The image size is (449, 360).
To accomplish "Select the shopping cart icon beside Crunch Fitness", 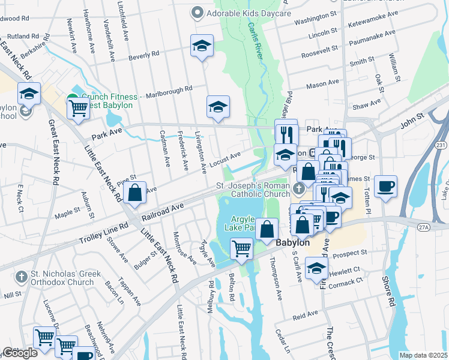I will point(79,109).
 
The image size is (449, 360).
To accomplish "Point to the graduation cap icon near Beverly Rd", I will point(202,46).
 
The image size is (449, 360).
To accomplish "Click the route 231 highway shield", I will point(441,145).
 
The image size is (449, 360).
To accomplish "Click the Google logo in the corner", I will point(20,353).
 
